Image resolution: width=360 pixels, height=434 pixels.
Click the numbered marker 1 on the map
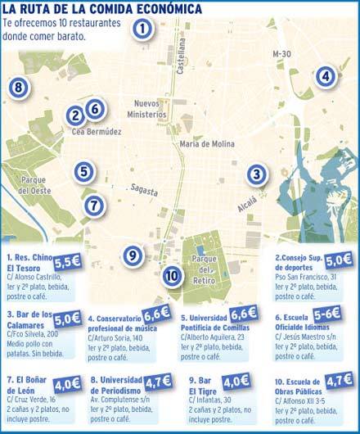point(142,30)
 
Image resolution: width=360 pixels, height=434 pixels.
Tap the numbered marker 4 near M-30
point(326,77)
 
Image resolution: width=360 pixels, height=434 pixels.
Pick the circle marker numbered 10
point(171,276)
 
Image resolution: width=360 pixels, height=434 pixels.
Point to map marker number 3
point(257,174)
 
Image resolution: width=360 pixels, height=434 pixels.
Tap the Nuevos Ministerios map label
point(151,108)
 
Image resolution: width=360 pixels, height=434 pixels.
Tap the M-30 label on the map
point(281,54)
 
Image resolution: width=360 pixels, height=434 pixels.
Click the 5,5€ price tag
point(67,263)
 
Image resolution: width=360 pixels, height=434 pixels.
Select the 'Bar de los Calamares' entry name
point(29,319)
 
